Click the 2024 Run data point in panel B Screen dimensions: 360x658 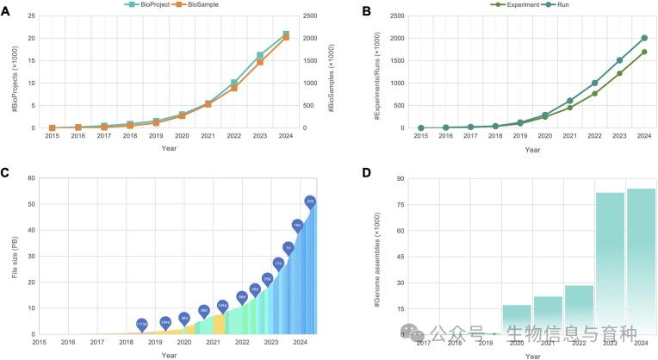(644, 38)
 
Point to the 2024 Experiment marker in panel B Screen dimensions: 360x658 (644, 52)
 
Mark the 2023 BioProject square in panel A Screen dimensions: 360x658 (260, 55)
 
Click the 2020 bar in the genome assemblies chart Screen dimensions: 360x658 (517, 319)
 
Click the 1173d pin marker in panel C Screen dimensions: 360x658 (142, 325)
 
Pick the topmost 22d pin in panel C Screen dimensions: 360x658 (310, 202)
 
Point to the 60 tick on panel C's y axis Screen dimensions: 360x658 (31, 178)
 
